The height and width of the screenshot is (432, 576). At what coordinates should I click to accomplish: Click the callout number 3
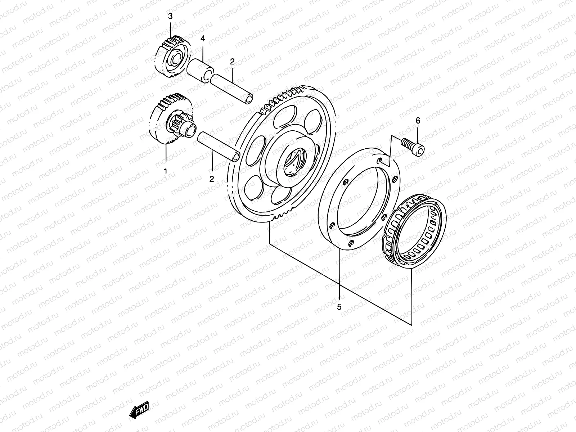pyautogui.click(x=170, y=16)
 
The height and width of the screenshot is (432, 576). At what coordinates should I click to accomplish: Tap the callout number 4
pyautogui.click(x=203, y=39)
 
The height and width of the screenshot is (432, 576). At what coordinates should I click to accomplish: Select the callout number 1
pyautogui.click(x=166, y=171)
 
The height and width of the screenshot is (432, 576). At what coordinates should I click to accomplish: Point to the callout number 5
pyautogui.click(x=339, y=307)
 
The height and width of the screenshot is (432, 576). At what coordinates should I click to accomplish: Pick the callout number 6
pyautogui.click(x=418, y=121)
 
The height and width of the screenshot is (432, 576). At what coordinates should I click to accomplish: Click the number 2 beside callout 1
pyautogui.click(x=212, y=179)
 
